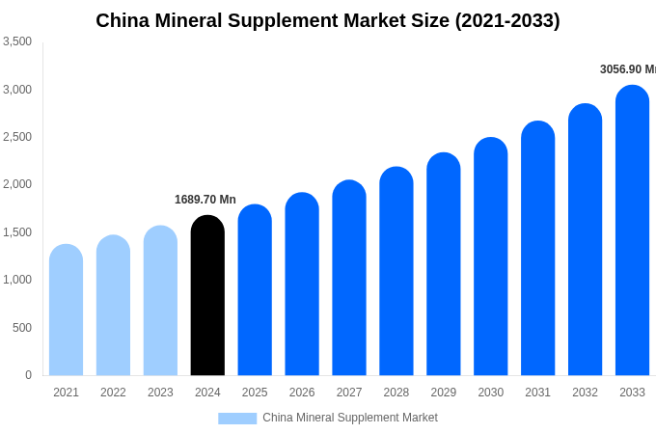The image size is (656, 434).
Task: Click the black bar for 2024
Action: coord(207,296)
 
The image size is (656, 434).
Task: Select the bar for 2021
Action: coord(66,311)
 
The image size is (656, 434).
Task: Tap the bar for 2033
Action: coord(632,231)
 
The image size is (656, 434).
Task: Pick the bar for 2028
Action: coord(396,272)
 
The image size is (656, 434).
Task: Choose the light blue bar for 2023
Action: coord(160,301)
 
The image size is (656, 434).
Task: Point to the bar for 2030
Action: coord(490,258)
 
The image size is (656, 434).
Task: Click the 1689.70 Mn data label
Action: coord(205,200)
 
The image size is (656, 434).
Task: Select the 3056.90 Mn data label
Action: coord(627,69)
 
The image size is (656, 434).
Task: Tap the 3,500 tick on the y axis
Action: coord(17,41)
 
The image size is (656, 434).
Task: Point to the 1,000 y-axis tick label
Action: coord(17,280)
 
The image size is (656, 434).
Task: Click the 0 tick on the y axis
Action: coord(28,375)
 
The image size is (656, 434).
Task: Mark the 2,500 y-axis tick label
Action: coord(17,137)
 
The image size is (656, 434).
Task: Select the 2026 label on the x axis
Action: coord(302,393)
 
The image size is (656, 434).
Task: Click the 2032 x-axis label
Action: coord(585,393)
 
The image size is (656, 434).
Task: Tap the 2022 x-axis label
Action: coord(113,393)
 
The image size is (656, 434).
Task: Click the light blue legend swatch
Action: coord(237,419)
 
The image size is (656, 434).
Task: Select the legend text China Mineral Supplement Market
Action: coord(350,418)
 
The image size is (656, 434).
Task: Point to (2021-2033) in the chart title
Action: coord(507,20)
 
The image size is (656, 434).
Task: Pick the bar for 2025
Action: coord(255,290)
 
